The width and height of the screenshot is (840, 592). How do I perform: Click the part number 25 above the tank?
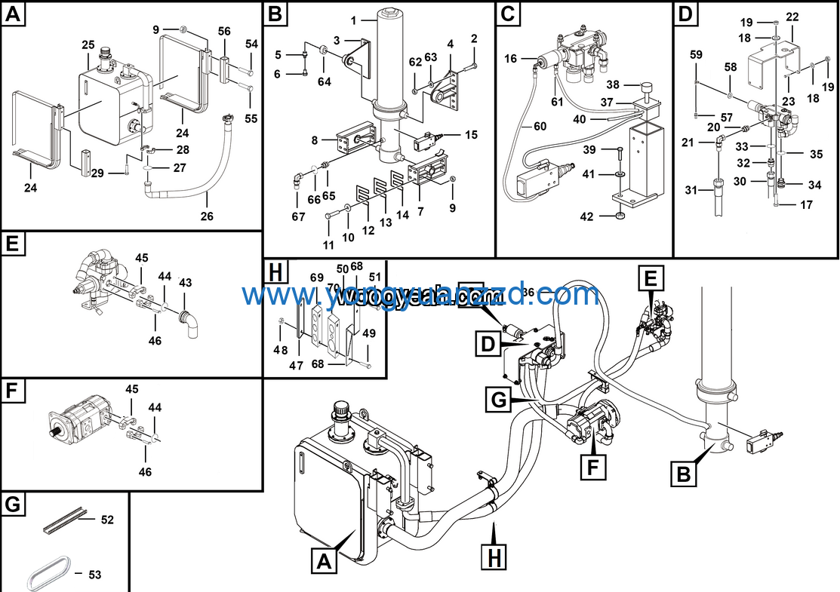tap(88, 45)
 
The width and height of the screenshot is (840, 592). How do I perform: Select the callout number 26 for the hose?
tap(206, 216)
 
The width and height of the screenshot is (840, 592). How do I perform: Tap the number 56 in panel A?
tap(224, 31)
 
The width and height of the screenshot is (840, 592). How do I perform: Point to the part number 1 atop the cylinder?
tap(352, 19)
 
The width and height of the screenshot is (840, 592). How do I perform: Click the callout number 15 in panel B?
tap(471, 135)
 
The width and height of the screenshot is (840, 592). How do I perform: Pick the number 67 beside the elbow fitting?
tap(298, 217)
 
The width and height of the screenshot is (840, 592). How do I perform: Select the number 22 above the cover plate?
tap(792, 17)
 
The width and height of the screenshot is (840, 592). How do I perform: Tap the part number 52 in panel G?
tap(107, 520)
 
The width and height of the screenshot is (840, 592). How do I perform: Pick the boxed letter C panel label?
tap(509, 14)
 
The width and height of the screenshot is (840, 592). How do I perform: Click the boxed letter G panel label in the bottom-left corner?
tap(13, 504)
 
